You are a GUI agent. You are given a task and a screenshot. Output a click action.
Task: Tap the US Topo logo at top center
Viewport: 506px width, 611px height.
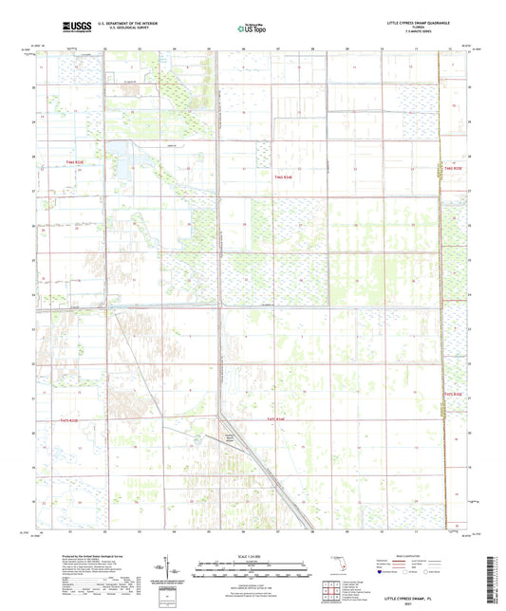click(x=250, y=28)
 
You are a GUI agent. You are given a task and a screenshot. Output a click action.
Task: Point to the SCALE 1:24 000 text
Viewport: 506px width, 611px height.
click(x=253, y=556)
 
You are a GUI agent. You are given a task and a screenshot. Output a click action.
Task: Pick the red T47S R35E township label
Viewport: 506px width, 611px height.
click(x=452, y=393)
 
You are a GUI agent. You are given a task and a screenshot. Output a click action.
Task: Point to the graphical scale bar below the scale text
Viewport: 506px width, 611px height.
click(x=253, y=565)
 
